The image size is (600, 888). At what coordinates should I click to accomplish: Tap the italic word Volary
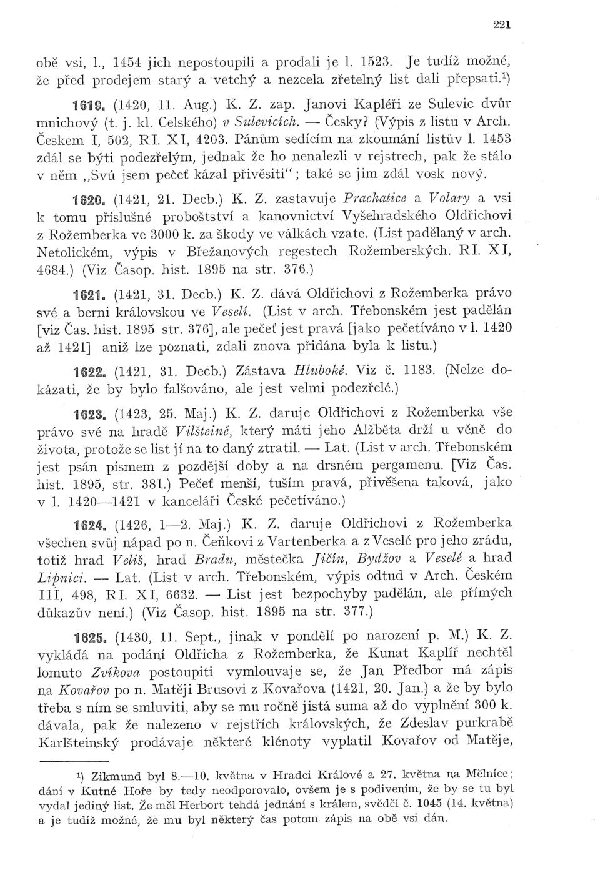(x=449, y=198)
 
